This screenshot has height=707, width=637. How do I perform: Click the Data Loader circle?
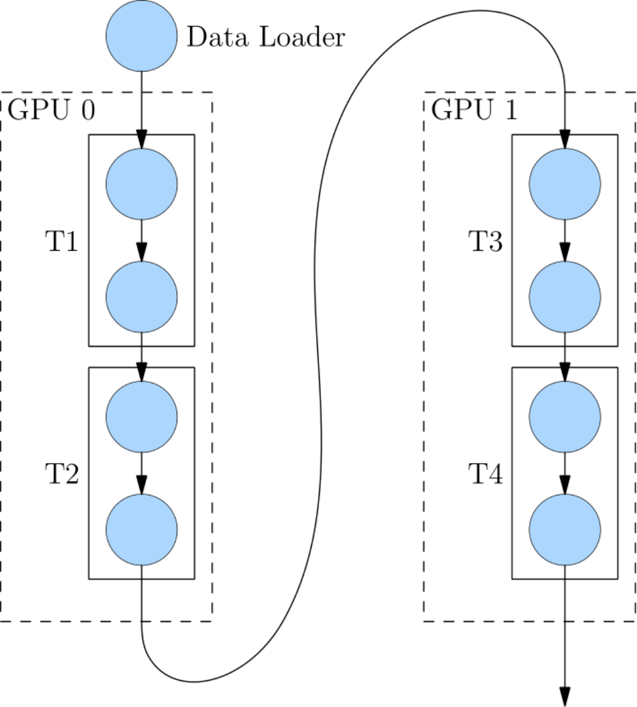pyautogui.click(x=142, y=36)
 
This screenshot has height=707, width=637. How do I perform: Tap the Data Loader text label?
pyautogui.click(x=266, y=38)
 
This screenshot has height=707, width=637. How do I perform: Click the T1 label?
pyautogui.click(x=62, y=242)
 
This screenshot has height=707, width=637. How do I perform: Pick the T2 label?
pyautogui.click(x=62, y=475)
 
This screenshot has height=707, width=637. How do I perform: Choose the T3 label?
pyautogui.click(x=485, y=242)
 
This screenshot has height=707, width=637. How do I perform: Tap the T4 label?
pyautogui.click(x=485, y=475)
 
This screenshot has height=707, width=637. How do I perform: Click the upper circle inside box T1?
pyautogui.click(x=142, y=184)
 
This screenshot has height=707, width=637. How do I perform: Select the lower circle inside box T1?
pyautogui.click(x=142, y=297)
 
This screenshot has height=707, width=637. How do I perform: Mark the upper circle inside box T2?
pyautogui.click(x=142, y=416)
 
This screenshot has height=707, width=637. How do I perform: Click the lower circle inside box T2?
pyautogui.click(x=142, y=530)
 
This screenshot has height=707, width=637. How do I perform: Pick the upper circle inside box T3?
pyautogui.click(x=564, y=184)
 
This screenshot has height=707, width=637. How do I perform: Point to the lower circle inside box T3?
pyautogui.click(x=564, y=297)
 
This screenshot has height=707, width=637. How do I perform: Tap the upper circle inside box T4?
pyautogui.click(x=564, y=416)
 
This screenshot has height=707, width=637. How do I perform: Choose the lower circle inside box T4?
pyautogui.click(x=564, y=530)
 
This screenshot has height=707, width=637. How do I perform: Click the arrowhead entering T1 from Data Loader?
pyautogui.click(x=142, y=139)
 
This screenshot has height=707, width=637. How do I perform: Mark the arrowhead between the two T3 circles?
pyautogui.click(x=564, y=252)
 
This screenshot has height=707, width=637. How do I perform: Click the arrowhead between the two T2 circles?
pyautogui.click(x=142, y=484)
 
